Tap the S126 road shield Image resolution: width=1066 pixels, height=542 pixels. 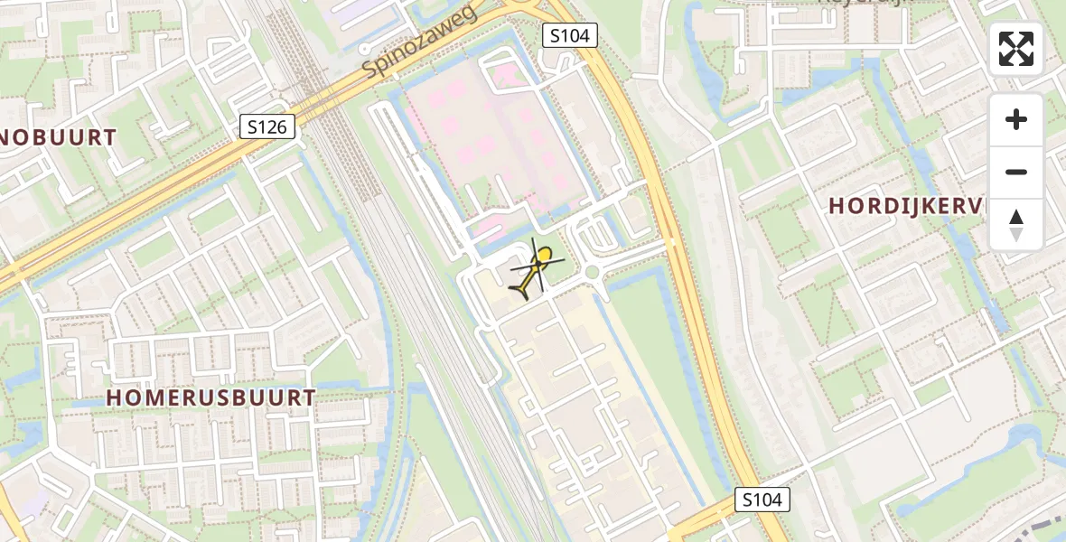[267, 126]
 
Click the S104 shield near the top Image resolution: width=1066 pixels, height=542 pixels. [570, 35]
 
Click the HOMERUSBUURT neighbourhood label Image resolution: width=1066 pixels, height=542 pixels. [211, 397]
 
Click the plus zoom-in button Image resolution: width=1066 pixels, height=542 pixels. [1016, 119]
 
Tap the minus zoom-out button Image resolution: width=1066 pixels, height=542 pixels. [1016, 172]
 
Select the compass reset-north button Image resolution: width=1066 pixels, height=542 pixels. [1016, 225]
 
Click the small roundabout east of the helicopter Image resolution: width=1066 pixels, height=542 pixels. [592, 272]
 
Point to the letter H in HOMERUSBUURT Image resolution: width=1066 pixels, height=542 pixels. [115, 397]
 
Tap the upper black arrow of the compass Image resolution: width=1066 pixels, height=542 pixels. [1016, 218]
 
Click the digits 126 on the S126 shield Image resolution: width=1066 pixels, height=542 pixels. [273, 126]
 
